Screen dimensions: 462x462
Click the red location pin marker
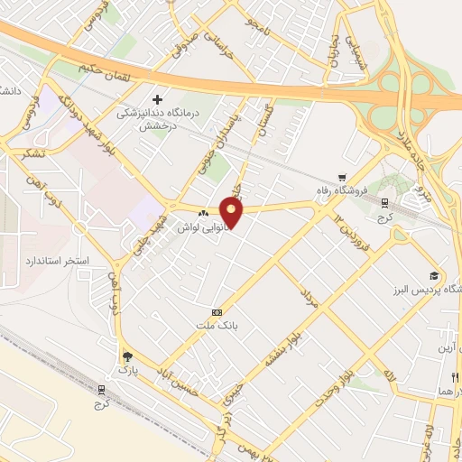coord(232,213)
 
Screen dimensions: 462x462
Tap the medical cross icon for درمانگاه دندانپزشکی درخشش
coord(158,98)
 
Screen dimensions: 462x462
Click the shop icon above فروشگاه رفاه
coord(340,177)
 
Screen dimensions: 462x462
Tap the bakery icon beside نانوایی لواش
coord(203,213)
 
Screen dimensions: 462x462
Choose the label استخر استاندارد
coord(56,260)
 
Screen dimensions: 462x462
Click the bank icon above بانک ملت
coord(216,311)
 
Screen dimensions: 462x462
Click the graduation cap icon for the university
coord(433,275)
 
